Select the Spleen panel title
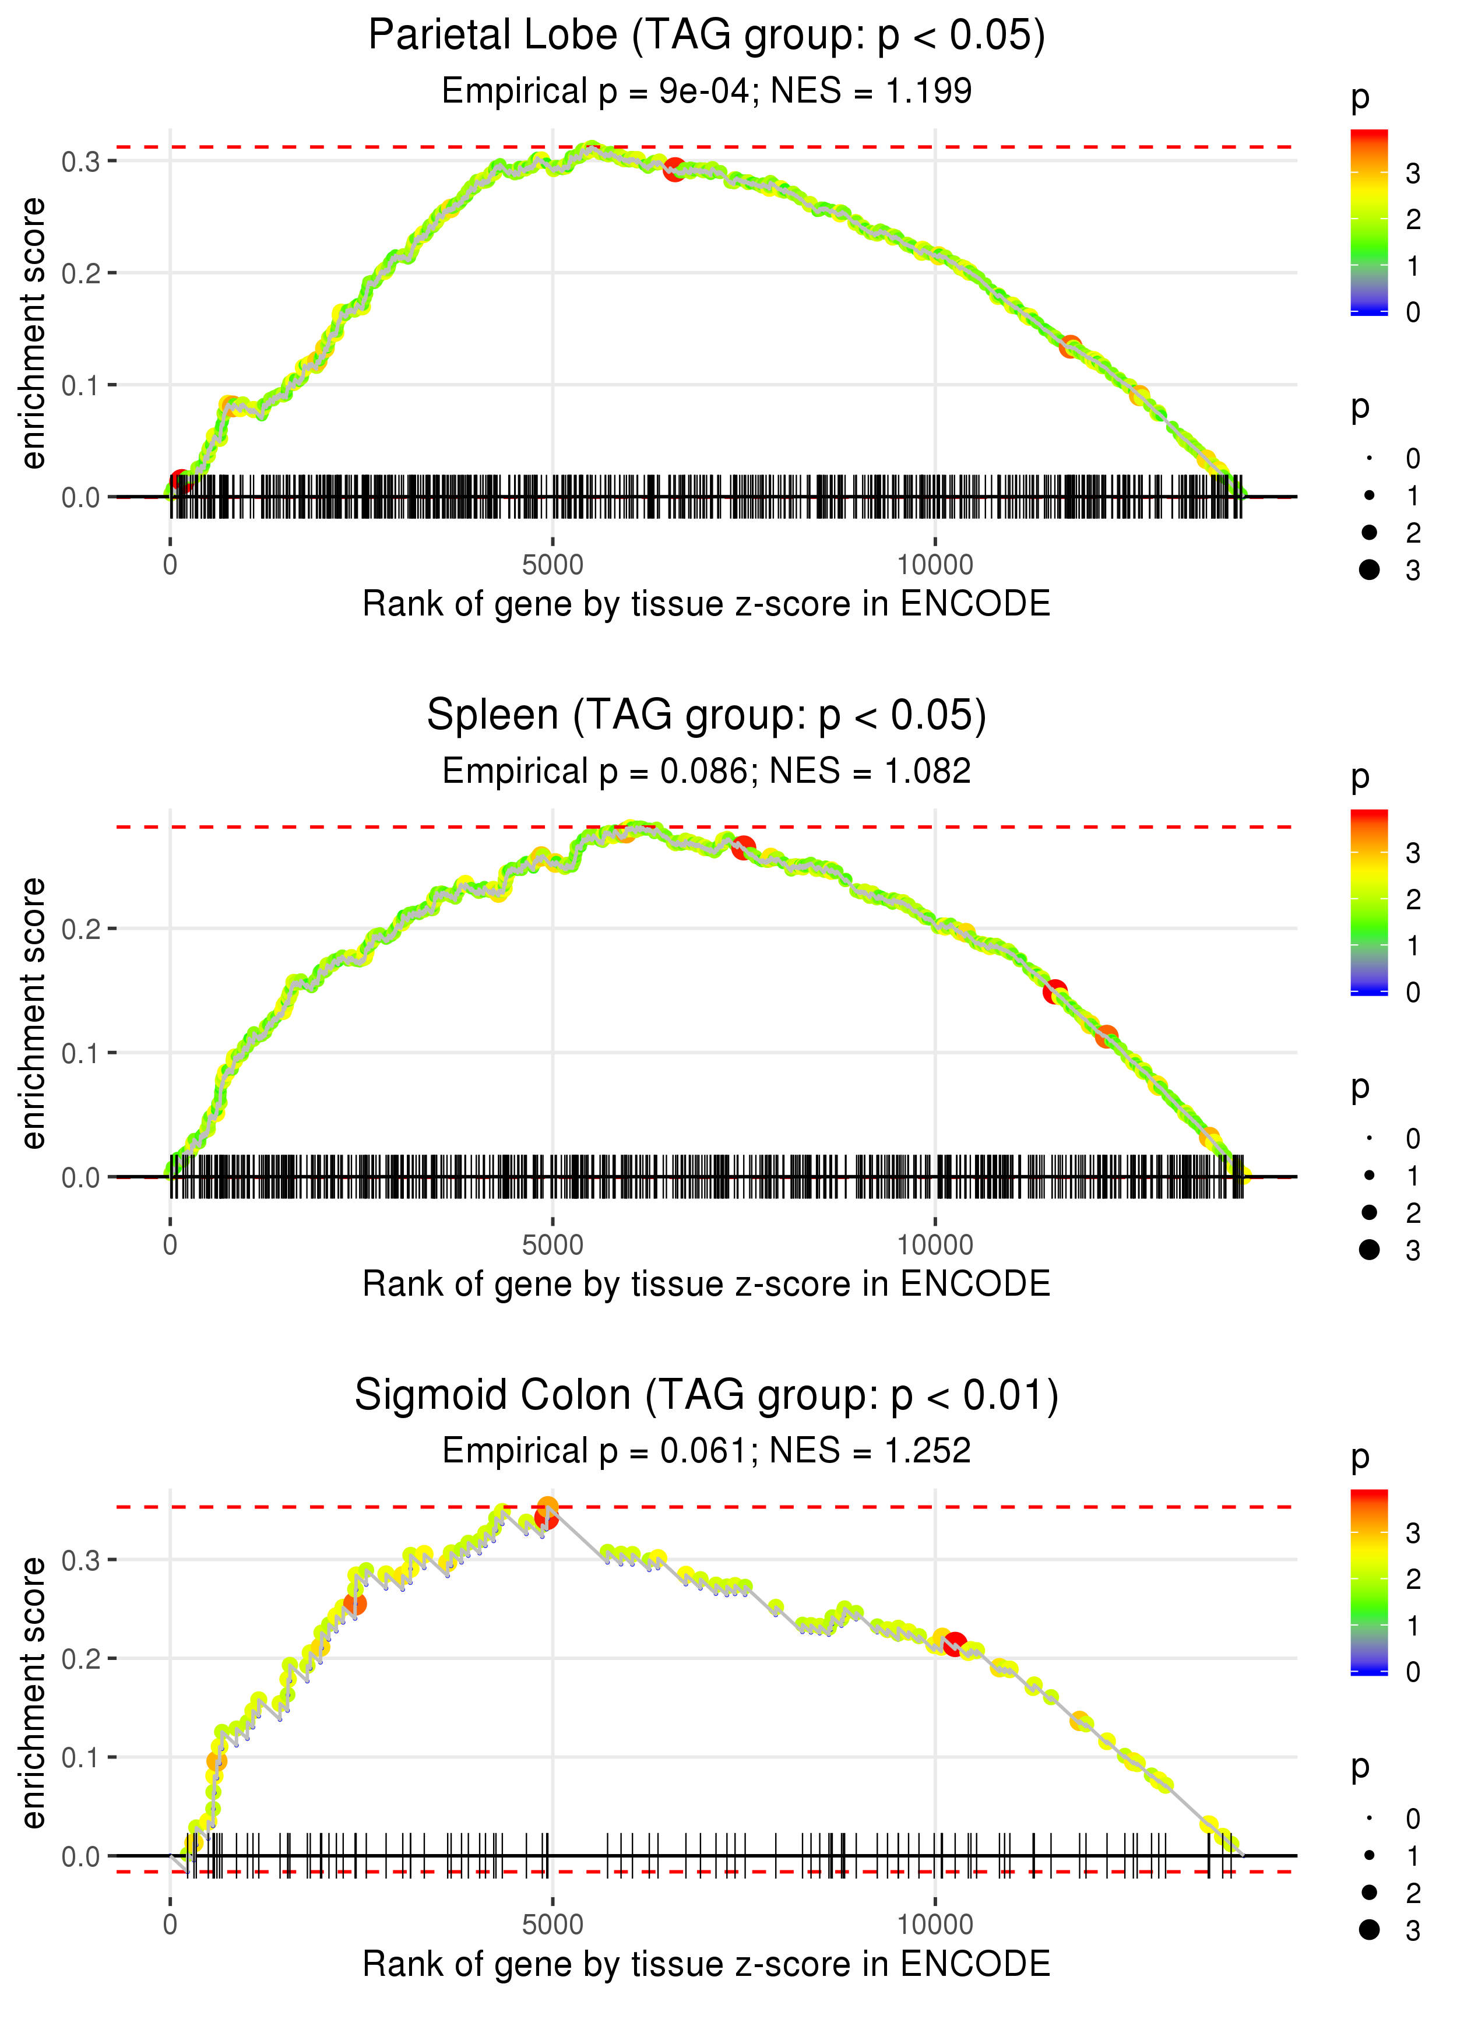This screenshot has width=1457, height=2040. pos(707,715)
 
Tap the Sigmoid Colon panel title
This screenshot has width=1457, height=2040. pos(707,1395)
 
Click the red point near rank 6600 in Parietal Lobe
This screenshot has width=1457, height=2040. pos(674,168)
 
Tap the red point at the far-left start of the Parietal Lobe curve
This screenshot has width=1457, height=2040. pos(180,482)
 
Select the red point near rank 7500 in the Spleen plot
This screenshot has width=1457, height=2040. pos(743,847)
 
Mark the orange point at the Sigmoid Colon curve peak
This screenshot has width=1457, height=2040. pos(548,1506)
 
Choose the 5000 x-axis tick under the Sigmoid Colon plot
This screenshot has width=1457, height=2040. pos(552,1923)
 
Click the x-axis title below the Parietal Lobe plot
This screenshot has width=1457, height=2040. pos(707,604)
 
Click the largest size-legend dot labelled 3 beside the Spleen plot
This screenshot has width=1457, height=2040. pos(1369,1250)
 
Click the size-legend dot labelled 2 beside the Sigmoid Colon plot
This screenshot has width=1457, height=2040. pos(1369,1892)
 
